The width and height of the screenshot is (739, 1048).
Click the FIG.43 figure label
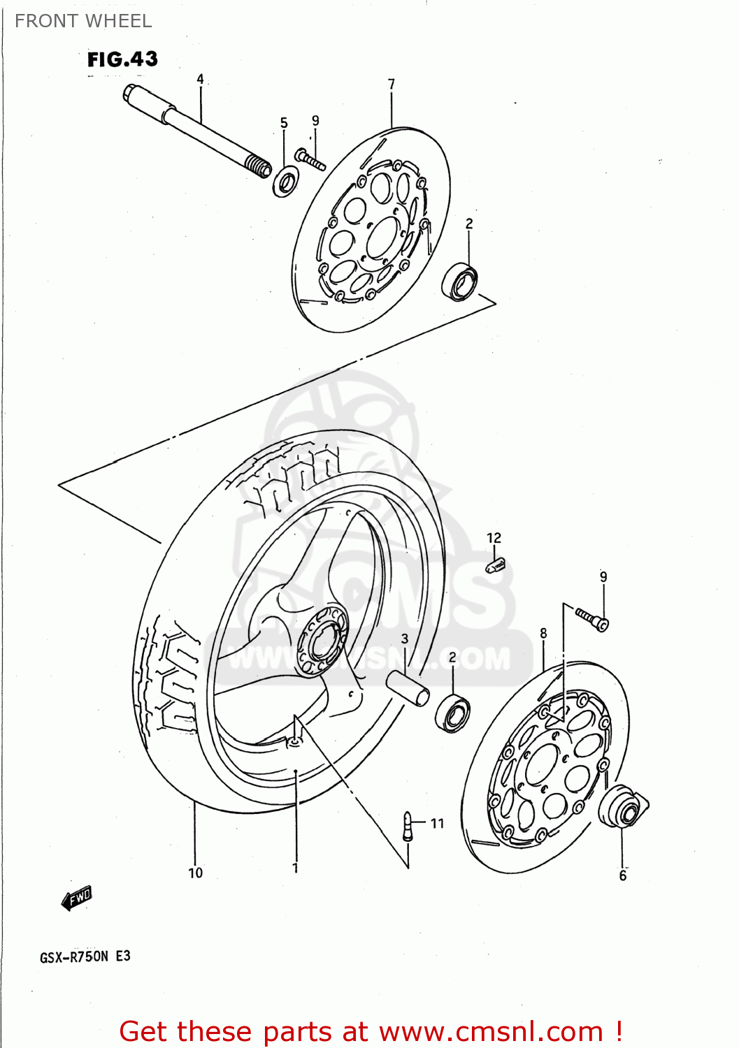click(x=122, y=59)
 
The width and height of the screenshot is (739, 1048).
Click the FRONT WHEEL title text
click(x=83, y=21)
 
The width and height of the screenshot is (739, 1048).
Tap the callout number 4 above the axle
click(x=200, y=79)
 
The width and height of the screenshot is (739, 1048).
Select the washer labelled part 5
click(x=285, y=181)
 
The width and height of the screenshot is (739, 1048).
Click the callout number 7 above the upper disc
click(x=392, y=85)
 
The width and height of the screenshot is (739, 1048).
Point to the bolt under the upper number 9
click(x=310, y=159)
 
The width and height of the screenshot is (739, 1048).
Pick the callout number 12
click(x=494, y=538)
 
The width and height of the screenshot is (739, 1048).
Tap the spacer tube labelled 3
click(x=408, y=687)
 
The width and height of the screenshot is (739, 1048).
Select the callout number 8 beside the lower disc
click(x=543, y=634)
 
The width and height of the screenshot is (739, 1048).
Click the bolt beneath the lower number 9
click(x=592, y=618)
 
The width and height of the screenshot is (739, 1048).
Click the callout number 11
click(x=437, y=824)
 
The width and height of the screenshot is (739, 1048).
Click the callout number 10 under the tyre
click(x=195, y=873)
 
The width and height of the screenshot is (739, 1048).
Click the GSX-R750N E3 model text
click(x=85, y=956)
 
